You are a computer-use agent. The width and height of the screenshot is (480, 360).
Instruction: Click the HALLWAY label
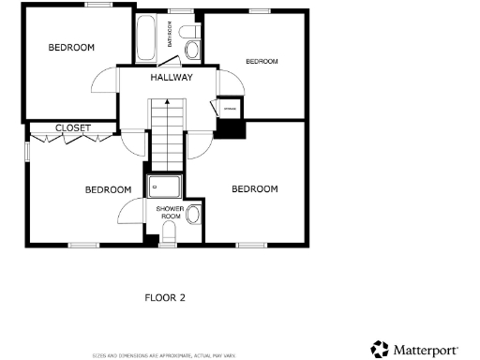(x=172, y=78)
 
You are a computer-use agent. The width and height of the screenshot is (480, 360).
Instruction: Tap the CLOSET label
(x=72, y=127)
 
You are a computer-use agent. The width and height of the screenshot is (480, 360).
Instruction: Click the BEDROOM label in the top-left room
(x=71, y=47)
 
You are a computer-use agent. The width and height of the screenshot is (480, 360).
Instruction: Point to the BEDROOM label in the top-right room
(x=262, y=61)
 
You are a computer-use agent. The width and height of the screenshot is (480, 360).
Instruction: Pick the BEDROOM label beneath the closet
(x=108, y=189)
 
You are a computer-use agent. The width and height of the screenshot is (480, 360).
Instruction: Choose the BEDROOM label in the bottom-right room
(x=255, y=188)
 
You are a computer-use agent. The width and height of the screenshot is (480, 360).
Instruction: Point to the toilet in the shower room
(x=170, y=232)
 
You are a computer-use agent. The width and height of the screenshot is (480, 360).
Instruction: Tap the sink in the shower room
(x=192, y=216)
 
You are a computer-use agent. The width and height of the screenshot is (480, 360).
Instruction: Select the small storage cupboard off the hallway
(x=229, y=110)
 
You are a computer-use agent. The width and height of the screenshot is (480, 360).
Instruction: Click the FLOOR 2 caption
(x=165, y=297)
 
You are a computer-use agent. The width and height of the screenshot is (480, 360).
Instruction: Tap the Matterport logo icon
(x=380, y=349)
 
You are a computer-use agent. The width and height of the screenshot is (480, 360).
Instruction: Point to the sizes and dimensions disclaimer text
(x=163, y=356)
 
